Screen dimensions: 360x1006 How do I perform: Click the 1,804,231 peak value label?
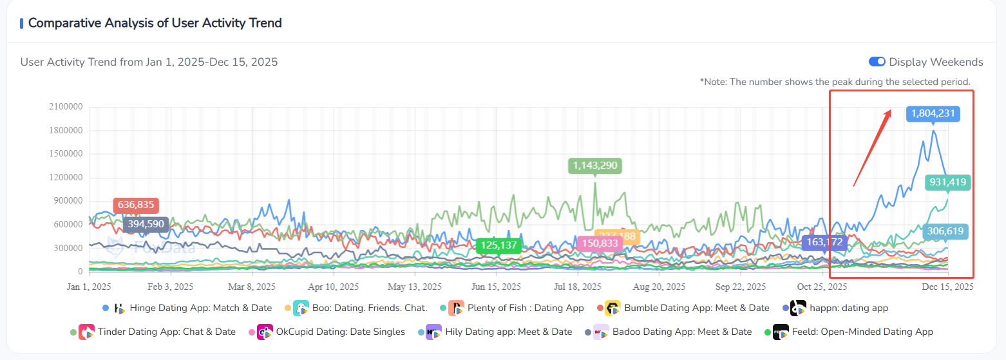933,114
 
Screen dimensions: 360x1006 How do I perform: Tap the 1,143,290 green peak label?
594,166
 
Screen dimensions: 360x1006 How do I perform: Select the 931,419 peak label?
947,182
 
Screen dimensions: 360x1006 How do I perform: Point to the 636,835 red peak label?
136,205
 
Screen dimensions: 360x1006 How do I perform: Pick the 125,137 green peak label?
498,245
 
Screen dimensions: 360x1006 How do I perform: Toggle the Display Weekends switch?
877,62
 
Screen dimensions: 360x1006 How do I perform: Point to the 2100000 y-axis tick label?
66,107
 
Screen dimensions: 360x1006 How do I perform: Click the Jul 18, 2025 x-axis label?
577,286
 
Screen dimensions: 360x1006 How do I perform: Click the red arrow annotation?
872,147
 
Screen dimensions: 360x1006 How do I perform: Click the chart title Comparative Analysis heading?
155,23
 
